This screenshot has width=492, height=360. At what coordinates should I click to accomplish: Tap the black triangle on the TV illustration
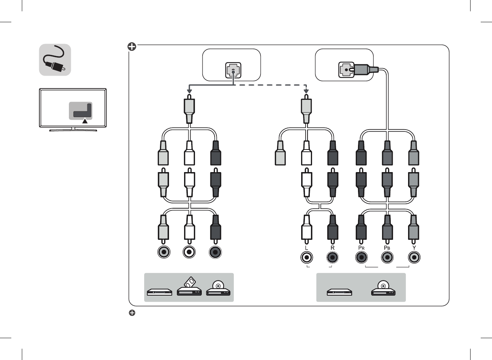[x=85, y=121]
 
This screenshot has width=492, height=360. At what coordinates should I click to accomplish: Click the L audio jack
[x=307, y=257]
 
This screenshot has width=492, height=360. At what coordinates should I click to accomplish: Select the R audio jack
[x=332, y=257]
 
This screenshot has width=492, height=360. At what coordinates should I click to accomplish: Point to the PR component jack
[x=361, y=257]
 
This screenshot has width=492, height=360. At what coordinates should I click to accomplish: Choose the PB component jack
[x=387, y=257]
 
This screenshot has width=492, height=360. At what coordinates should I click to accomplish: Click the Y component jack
[x=414, y=257]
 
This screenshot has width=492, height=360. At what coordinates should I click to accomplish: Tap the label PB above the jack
[x=387, y=248]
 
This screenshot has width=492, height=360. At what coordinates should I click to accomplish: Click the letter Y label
[x=414, y=248]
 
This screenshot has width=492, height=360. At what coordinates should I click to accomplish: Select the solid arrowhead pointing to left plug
[x=189, y=91]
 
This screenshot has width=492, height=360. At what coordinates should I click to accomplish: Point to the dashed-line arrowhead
[x=306, y=91]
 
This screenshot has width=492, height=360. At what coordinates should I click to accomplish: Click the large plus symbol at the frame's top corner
[x=132, y=47]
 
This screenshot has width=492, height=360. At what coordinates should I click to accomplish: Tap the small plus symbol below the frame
[x=132, y=313]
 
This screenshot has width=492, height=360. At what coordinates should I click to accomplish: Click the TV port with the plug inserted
[x=346, y=70]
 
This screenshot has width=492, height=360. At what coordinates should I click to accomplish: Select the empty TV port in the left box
[x=233, y=70]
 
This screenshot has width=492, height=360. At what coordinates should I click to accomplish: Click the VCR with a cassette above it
[x=189, y=286]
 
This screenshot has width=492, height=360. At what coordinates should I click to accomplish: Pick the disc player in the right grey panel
[x=383, y=288]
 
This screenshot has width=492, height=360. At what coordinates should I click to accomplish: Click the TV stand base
[x=73, y=130]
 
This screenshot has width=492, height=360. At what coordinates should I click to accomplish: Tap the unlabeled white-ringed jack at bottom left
[x=189, y=252]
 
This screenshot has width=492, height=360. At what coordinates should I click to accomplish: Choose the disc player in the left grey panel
[x=218, y=288]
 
